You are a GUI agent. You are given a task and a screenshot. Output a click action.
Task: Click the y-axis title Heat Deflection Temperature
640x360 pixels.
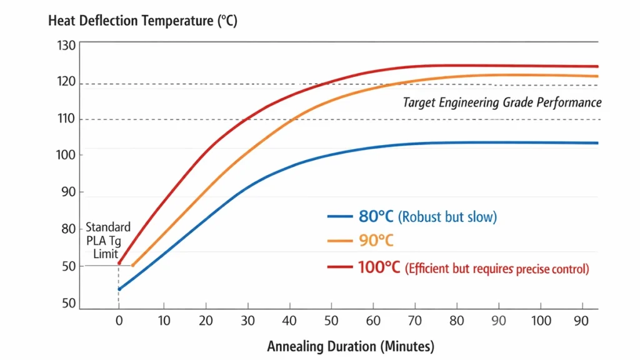click(142, 21)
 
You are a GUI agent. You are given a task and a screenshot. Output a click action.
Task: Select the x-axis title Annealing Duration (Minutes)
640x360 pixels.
click(350, 346)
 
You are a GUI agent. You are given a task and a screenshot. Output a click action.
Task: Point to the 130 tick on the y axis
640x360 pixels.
click(66, 46)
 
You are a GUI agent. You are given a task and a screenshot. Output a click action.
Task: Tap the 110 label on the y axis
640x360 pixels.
click(66, 119)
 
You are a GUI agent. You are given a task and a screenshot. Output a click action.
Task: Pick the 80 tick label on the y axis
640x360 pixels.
click(67, 229)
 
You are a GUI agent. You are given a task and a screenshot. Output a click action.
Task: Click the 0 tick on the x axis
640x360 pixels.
click(119, 321)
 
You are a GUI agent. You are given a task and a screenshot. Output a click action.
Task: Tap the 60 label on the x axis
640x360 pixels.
click(374, 321)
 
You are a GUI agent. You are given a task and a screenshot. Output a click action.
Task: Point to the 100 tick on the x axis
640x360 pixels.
click(542, 321)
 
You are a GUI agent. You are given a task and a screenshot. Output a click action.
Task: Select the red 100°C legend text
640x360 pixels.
click(379, 267)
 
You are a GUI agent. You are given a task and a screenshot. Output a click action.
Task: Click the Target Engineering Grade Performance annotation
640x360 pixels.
click(502, 102)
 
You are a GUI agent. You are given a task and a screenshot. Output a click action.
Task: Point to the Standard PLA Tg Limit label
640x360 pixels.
click(108, 240)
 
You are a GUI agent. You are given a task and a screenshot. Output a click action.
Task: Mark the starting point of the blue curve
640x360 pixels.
click(119, 289)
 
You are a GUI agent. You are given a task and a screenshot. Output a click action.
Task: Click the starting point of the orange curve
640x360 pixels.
click(132, 265)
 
